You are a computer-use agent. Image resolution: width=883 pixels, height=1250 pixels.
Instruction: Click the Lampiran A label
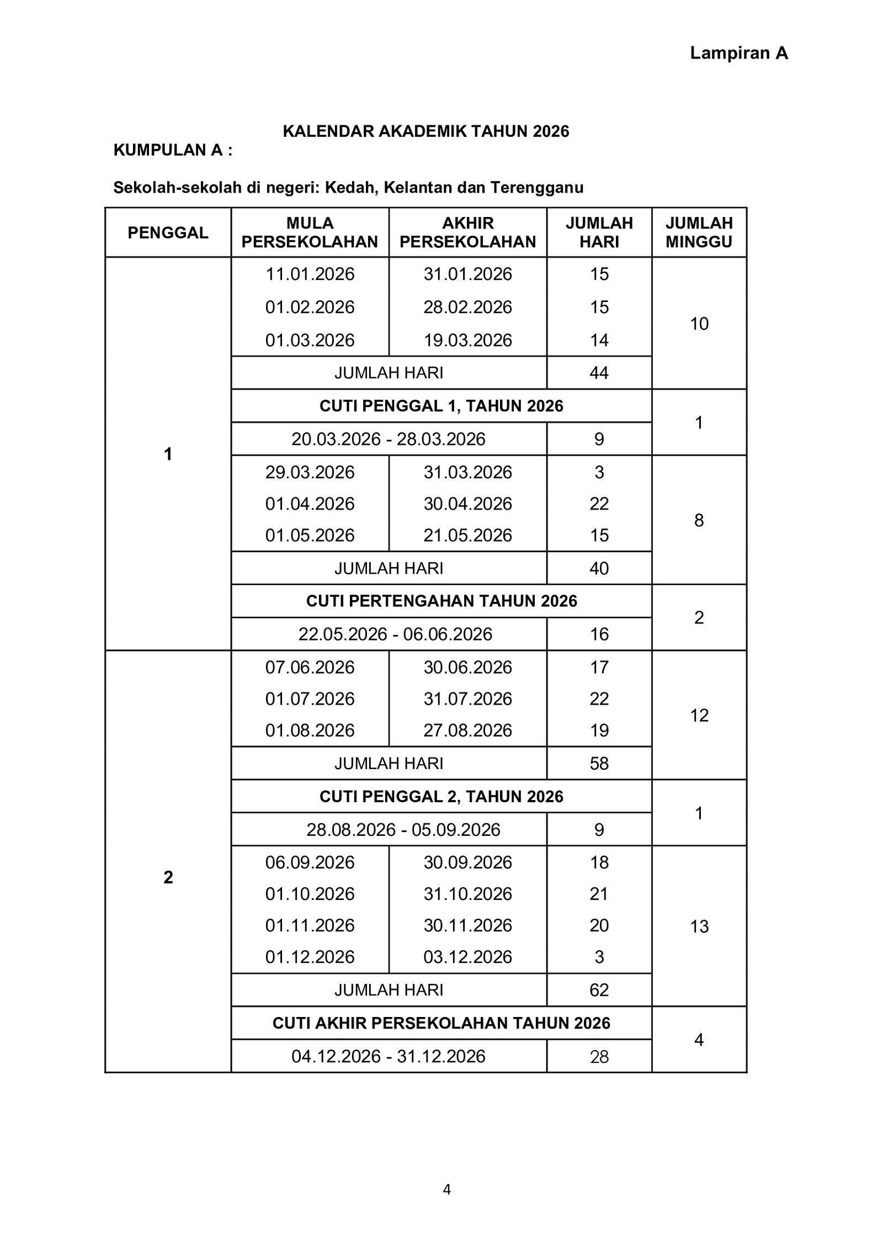click(738, 53)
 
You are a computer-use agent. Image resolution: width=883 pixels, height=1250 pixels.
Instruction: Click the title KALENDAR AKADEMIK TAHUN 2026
click(425, 131)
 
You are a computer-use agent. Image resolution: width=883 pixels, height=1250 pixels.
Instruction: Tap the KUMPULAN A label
click(173, 150)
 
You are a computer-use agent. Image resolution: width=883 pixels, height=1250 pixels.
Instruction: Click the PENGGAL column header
click(168, 232)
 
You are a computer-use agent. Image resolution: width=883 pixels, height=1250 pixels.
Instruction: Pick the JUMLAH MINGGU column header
click(699, 232)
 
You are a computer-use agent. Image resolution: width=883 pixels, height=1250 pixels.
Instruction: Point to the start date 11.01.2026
click(310, 274)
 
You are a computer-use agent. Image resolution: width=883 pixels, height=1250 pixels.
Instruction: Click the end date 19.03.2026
click(467, 340)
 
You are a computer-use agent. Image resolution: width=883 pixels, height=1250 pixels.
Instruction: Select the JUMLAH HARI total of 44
click(599, 373)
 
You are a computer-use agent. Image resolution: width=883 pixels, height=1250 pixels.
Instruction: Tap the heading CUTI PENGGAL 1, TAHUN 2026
click(441, 406)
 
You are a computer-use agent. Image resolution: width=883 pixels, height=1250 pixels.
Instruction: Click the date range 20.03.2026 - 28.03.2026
click(389, 439)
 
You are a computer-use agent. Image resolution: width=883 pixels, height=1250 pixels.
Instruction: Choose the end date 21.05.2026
click(467, 536)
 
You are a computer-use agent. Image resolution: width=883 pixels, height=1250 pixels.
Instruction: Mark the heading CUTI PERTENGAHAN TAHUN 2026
click(441, 601)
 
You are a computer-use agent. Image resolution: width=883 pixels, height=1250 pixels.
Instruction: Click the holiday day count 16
click(599, 634)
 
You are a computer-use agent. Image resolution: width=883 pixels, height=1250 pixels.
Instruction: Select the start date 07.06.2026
click(310, 668)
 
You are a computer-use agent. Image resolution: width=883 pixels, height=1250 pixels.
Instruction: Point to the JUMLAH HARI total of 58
click(599, 764)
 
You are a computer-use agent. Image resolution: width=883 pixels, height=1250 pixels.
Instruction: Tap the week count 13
click(699, 926)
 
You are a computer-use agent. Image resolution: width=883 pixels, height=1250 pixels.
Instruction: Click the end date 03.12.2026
click(467, 957)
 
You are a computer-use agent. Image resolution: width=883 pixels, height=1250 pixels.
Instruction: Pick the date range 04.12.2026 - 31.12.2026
click(389, 1057)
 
